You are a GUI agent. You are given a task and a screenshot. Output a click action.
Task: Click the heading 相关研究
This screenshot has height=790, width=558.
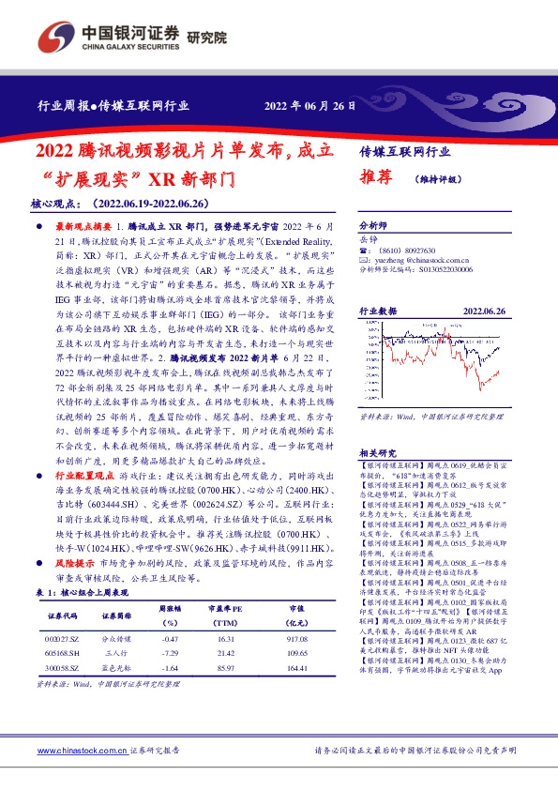(378, 451)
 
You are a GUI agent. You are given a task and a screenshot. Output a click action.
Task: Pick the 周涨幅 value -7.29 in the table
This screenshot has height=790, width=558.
(170, 650)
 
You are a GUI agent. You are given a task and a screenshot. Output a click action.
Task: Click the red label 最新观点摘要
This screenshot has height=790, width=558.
(84, 227)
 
